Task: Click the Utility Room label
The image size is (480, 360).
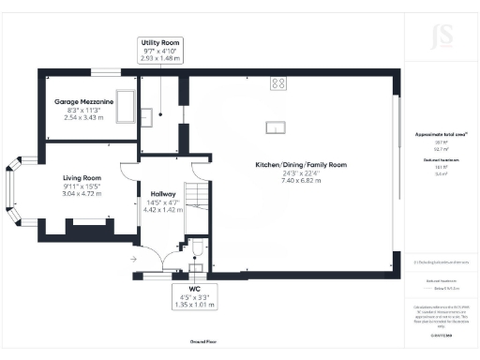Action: (159, 43)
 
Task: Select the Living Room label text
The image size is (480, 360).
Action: (82, 177)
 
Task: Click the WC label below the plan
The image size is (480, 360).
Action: (194, 289)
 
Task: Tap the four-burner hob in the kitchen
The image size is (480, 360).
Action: (278, 83)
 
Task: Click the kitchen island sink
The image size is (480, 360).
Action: (275, 127)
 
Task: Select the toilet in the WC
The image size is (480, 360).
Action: (196, 248)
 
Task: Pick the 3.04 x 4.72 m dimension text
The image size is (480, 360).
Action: (82, 191)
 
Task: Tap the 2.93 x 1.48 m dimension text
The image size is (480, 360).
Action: (159, 58)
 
